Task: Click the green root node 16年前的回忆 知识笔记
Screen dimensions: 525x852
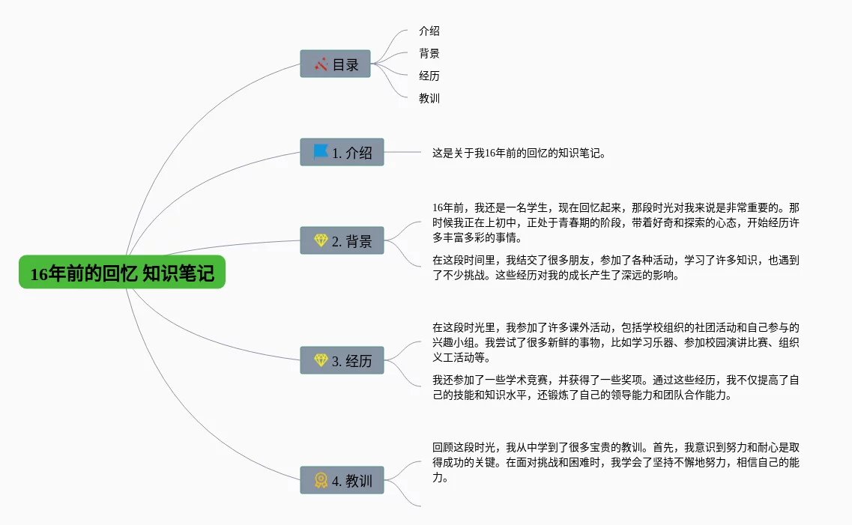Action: [122, 273]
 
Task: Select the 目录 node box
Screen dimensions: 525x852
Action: [336, 64]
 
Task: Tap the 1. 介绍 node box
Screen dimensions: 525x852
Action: [342, 152]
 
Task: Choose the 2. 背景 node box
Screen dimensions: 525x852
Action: [342, 240]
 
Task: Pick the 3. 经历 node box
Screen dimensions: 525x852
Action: [342, 360]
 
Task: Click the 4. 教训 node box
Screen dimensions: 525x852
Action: [342, 480]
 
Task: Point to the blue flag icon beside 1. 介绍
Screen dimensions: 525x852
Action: [321, 152]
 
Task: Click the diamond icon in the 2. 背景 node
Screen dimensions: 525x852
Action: [321, 240]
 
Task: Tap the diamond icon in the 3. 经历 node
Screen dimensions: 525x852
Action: [321, 360]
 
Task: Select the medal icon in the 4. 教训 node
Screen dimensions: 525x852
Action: [321, 480]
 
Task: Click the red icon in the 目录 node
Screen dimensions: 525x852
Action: [321, 64]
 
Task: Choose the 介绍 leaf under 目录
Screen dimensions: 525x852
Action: [429, 31]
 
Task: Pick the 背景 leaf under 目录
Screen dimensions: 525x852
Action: [429, 54]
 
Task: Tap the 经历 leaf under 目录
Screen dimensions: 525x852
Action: [429, 76]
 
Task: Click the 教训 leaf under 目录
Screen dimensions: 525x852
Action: [429, 98]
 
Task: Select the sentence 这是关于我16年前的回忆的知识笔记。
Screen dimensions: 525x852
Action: [519, 153]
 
